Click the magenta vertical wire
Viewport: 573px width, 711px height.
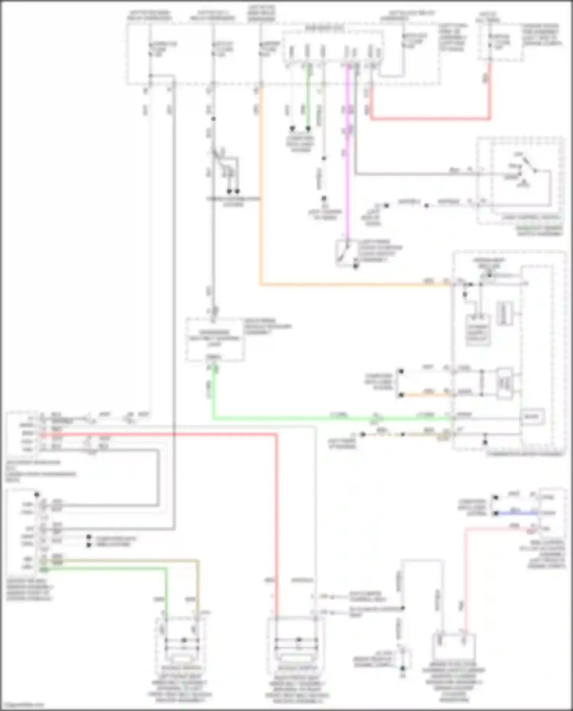point(347,153)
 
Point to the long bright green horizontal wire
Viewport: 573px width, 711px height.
point(325,419)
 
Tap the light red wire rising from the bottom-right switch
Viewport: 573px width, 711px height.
point(466,573)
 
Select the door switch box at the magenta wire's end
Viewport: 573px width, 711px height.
point(346,252)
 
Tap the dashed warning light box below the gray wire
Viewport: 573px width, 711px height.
point(215,339)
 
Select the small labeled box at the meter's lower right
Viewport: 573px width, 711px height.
point(532,416)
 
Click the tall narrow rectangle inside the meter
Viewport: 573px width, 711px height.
point(504,313)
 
